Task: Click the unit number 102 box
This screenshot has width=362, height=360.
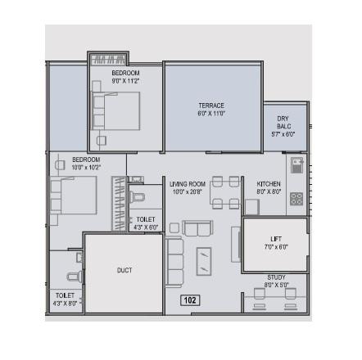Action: pyautogui.click(x=190, y=300)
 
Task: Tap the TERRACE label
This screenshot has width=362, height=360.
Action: pyautogui.click(x=210, y=106)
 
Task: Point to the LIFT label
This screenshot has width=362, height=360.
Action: pyautogui.click(x=275, y=238)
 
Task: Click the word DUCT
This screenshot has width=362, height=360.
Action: pyautogui.click(x=124, y=269)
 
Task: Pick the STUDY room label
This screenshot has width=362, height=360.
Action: pyautogui.click(x=276, y=277)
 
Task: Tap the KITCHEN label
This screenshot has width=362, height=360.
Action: pyautogui.click(x=269, y=184)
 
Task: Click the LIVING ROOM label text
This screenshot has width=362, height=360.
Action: pyautogui.click(x=188, y=184)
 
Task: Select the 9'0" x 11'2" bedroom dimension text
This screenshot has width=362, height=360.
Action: pyautogui.click(x=125, y=81)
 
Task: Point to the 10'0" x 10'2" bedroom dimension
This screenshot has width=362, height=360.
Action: pyautogui.click(x=86, y=167)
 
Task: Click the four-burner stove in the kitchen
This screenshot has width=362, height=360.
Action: pyautogui.click(x=296, y=198)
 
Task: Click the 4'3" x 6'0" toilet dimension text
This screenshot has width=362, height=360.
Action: pyautogui.click(x=146, y=227)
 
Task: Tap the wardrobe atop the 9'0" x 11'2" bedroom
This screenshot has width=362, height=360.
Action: pyautogui.click(x=108, y=60)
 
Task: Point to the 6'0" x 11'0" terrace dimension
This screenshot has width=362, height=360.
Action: pyautogui.click(x=210, y=114)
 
